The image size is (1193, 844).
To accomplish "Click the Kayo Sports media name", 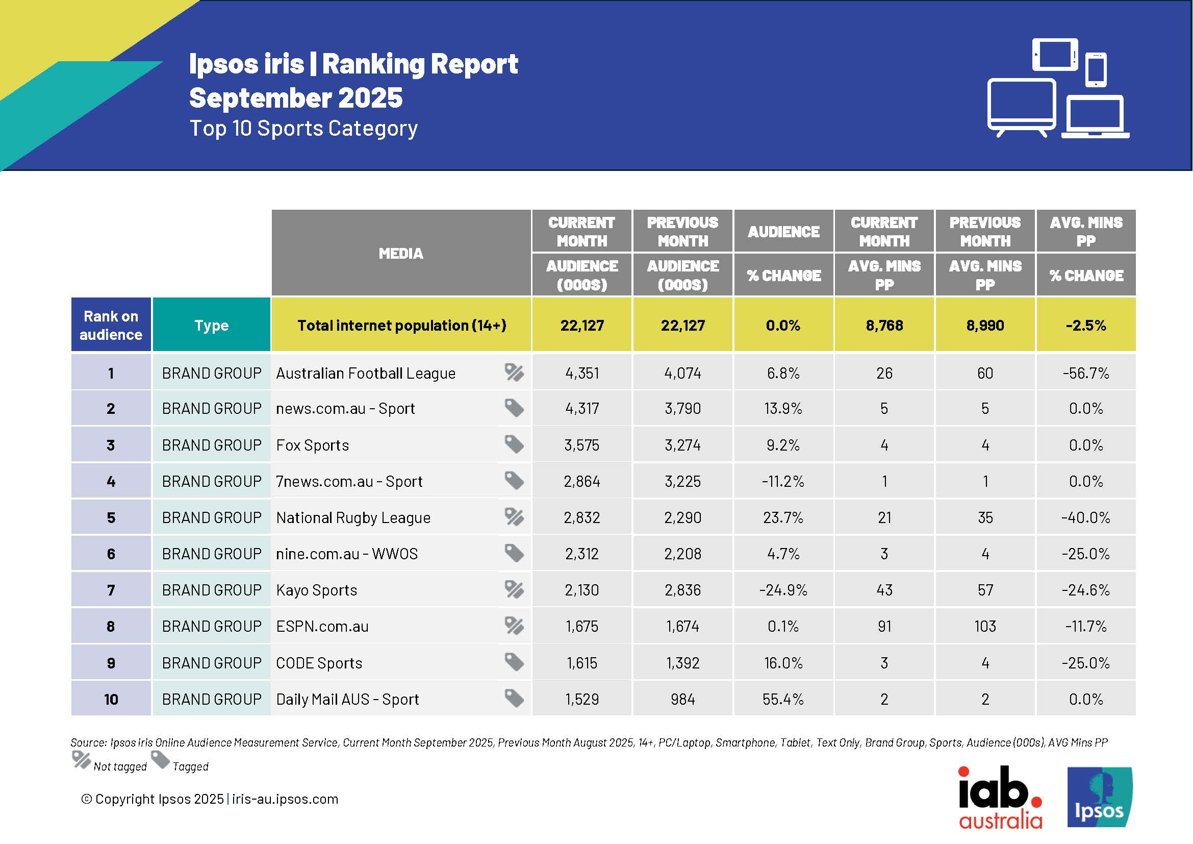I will pyautogui.click(x=316, y=590).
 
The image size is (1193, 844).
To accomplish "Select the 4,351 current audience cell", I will pyautogui.click(x=581, y=373).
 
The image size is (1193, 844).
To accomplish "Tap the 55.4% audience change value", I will pyautogui.click(x=782, y=699).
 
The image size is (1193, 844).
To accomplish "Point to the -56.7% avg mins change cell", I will pyautogui.click(x=1085, y=373).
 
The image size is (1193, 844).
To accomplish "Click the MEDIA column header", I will pyautogui.click(x=400, y=253).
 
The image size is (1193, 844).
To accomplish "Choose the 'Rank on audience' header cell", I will pyautogui.click(x=111, y=325).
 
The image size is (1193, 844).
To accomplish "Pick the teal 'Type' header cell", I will pyautogui.click(x=211, y=325).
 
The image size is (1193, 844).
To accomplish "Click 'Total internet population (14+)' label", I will pyautogui.click(x=401, y=326).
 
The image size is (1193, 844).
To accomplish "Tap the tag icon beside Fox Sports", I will pyautogui.click(x=514, y=444).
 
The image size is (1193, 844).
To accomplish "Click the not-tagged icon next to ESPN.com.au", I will pyautogui.click(x=514, y=626).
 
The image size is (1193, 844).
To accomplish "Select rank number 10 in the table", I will pyautogui.click(x=111, y=699).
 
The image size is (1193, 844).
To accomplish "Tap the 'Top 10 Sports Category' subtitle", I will pyautogui.click(x=303, y=129).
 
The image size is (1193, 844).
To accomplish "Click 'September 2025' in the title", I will pyautogui.click(x=296, y=97).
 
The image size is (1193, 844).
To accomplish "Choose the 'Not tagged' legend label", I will pyautogui.click(x=120, y=766).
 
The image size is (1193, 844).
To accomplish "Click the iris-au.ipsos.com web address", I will pyautogui.click(x=285, y=799).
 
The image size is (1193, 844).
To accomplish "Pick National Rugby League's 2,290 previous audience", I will pyautogui.click(x=682, y=517).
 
